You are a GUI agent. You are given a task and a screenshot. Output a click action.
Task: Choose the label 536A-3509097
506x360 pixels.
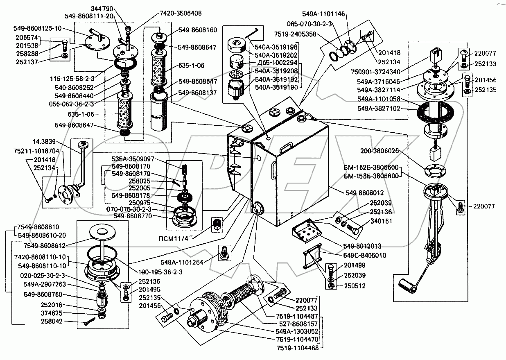134,158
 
